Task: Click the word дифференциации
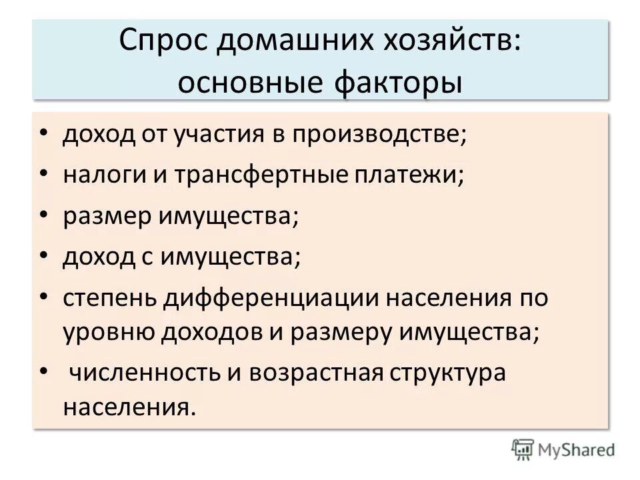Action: click(269, 298)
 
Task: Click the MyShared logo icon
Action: click(523, 449)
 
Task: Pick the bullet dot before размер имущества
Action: click(44, 216)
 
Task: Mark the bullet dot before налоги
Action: click(44, 175)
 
